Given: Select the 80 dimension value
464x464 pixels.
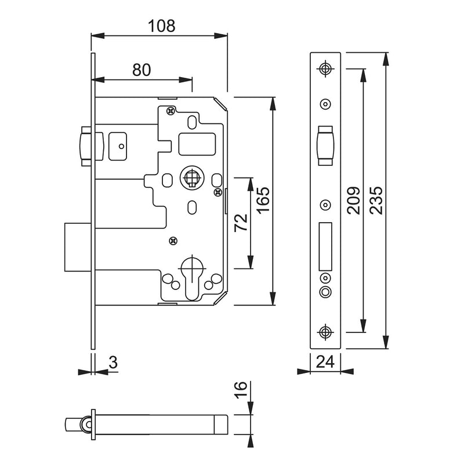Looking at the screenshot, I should (x=142, y=70).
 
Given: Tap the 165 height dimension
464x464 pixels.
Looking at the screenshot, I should (x=263, y=201).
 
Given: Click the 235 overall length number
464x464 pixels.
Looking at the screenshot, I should (x=375, y=201).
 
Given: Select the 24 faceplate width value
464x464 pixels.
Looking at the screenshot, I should (x=325, y=362).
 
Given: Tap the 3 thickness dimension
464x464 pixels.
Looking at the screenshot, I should (x=113, y=362).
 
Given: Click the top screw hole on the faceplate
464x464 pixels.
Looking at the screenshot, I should (x=325, y=68).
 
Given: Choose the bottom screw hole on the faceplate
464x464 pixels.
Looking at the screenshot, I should (x=325, y=332).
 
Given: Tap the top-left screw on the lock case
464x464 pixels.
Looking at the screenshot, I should (x=170, y=110).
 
